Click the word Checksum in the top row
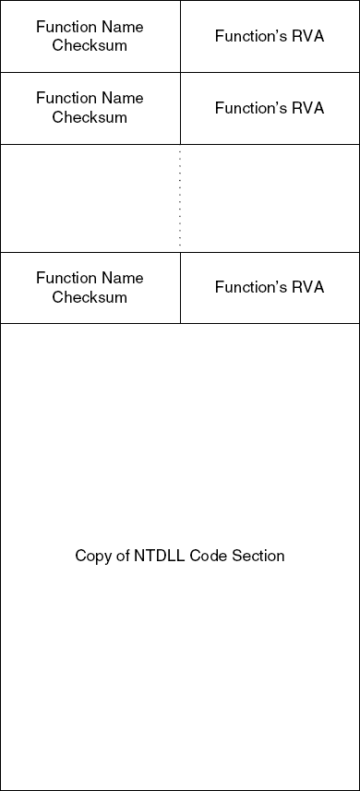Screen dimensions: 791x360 90,46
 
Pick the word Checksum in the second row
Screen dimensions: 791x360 90,117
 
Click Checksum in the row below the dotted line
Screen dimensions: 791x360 90,297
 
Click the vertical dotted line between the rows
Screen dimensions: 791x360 180,198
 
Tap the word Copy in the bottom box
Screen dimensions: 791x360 91,556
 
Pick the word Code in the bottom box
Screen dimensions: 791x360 208,556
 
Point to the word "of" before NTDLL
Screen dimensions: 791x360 122,556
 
